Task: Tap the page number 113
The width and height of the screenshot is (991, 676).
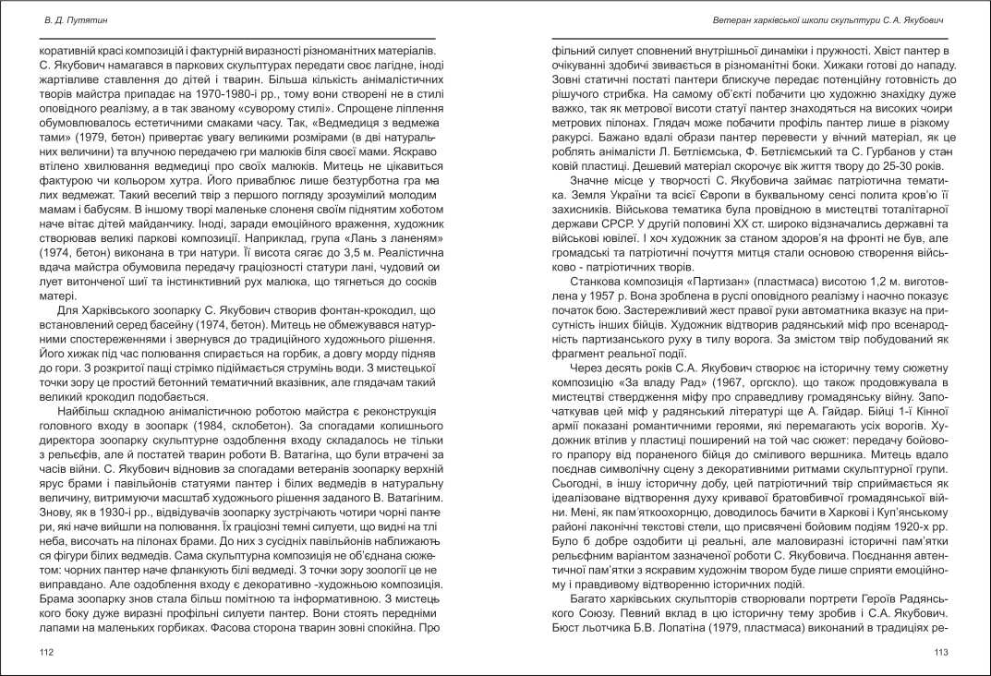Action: [x=941, y=652]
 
